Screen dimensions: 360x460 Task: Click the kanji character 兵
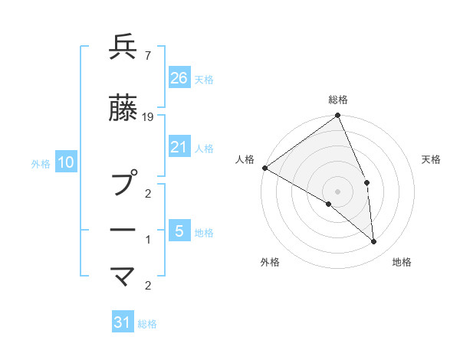coord(123,47)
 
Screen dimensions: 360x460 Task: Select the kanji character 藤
coord(123,110)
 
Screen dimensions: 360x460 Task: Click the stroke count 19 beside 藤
coord(148,116)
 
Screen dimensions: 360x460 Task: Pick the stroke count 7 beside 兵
coord(147,54)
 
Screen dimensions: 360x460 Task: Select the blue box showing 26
coord(179,77)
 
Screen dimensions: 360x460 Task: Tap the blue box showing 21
coord(179,147)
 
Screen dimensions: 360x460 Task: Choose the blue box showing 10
coord(66,162)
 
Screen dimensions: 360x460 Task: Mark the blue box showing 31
coord(123,322)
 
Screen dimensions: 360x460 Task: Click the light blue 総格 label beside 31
coord(147,324)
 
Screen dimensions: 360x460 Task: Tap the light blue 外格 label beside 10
coord(41,163)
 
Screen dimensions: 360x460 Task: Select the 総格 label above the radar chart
coord(338,100)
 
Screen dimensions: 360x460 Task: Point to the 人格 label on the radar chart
coord(245,159)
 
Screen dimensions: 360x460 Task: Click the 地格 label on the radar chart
coord(402,263)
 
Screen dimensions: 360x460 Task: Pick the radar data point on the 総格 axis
coord(338,116)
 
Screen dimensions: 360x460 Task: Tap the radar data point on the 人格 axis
coord(264,168)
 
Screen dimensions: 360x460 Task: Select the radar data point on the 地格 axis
coord(373,242)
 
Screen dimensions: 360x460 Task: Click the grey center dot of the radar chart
coord(337,191)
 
